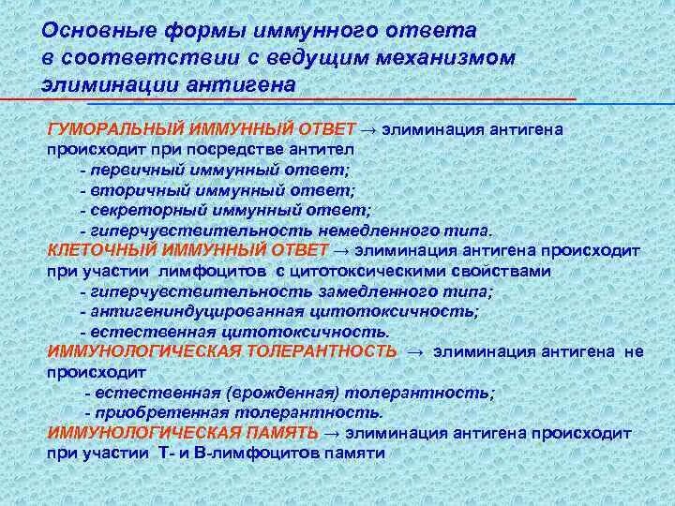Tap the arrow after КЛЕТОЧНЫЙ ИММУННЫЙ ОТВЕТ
[x=339, y=250]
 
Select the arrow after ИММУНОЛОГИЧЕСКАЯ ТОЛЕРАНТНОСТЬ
[x=415, y=350]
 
